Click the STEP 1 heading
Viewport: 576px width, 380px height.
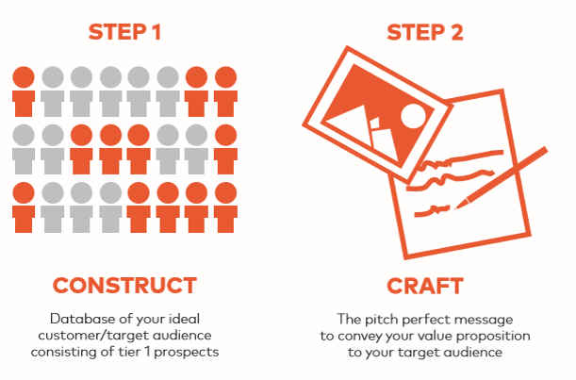[124, 32]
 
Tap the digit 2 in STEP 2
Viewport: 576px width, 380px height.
[457, 32]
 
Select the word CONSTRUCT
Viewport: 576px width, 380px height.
[124, 286]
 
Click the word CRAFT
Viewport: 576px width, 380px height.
[425, 286]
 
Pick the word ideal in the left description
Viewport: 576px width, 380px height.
[184, 319]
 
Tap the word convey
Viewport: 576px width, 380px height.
[354, 337]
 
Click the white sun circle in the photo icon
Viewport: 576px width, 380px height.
[413, 116]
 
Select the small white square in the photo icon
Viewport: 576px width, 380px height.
[374, 124]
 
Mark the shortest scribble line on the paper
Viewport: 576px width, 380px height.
[432, 211]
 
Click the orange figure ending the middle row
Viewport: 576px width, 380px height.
[225, 149]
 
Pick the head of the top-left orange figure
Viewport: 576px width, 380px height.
[24, 77]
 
